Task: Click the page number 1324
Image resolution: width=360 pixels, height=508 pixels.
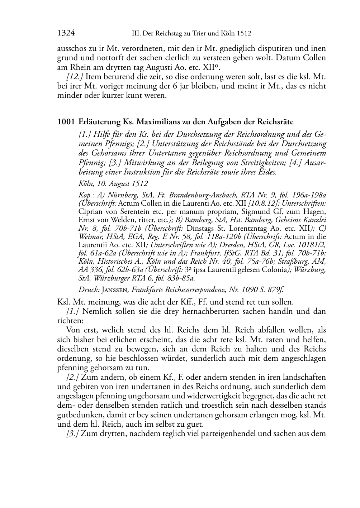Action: tap(66, 34)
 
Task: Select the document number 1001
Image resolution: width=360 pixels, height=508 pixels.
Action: tap(66, 122)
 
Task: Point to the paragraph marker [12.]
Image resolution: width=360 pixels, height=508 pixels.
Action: tap(75, 77)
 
